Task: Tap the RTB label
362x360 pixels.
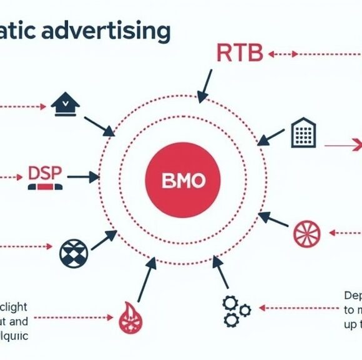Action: click(x=239, y=52)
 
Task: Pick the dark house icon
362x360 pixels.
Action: click(x=66, y=104)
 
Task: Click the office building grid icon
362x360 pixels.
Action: click(x=304, y=133)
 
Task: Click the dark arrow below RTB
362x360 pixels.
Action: click(x=205, y=86)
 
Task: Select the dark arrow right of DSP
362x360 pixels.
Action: click(x=82, y=177)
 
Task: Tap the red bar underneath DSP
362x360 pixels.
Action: click(x=45, y=186)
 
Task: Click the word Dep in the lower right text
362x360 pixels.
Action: click(x=353, y=296)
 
